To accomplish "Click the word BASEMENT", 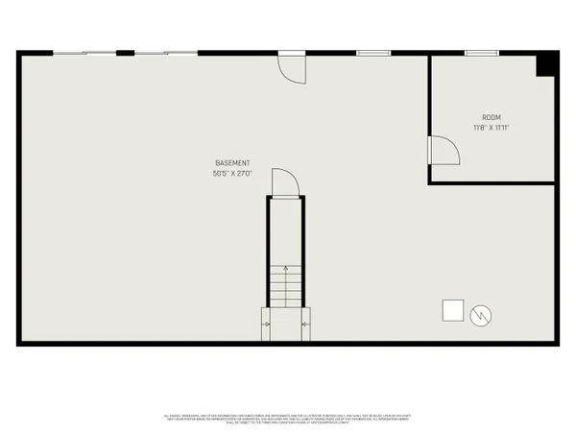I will pos(233,162).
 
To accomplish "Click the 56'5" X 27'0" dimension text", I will pos(233,173).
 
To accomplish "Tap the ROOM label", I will pos(490,116).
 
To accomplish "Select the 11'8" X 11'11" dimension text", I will pos(490,127).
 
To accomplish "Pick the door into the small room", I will pos(442,151).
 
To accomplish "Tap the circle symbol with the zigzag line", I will pos(481,313).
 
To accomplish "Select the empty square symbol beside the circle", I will pos(451,309).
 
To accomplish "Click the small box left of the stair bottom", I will pos(266,324).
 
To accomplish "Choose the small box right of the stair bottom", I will pos(304,324).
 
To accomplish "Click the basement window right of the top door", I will pos(371,53).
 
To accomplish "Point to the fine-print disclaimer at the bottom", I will pos(288,418).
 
